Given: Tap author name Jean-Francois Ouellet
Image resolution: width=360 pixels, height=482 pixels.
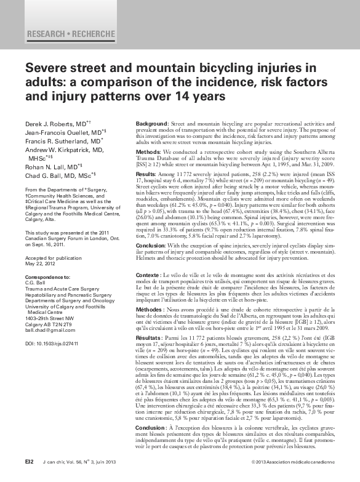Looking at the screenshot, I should coord(62,133).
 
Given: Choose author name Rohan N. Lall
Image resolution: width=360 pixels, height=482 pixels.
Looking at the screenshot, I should coord(49,166).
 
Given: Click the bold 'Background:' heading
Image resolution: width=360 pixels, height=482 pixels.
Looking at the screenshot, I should coord(151,124).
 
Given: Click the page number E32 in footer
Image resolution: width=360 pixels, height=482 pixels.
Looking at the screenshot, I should coord(29,462).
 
